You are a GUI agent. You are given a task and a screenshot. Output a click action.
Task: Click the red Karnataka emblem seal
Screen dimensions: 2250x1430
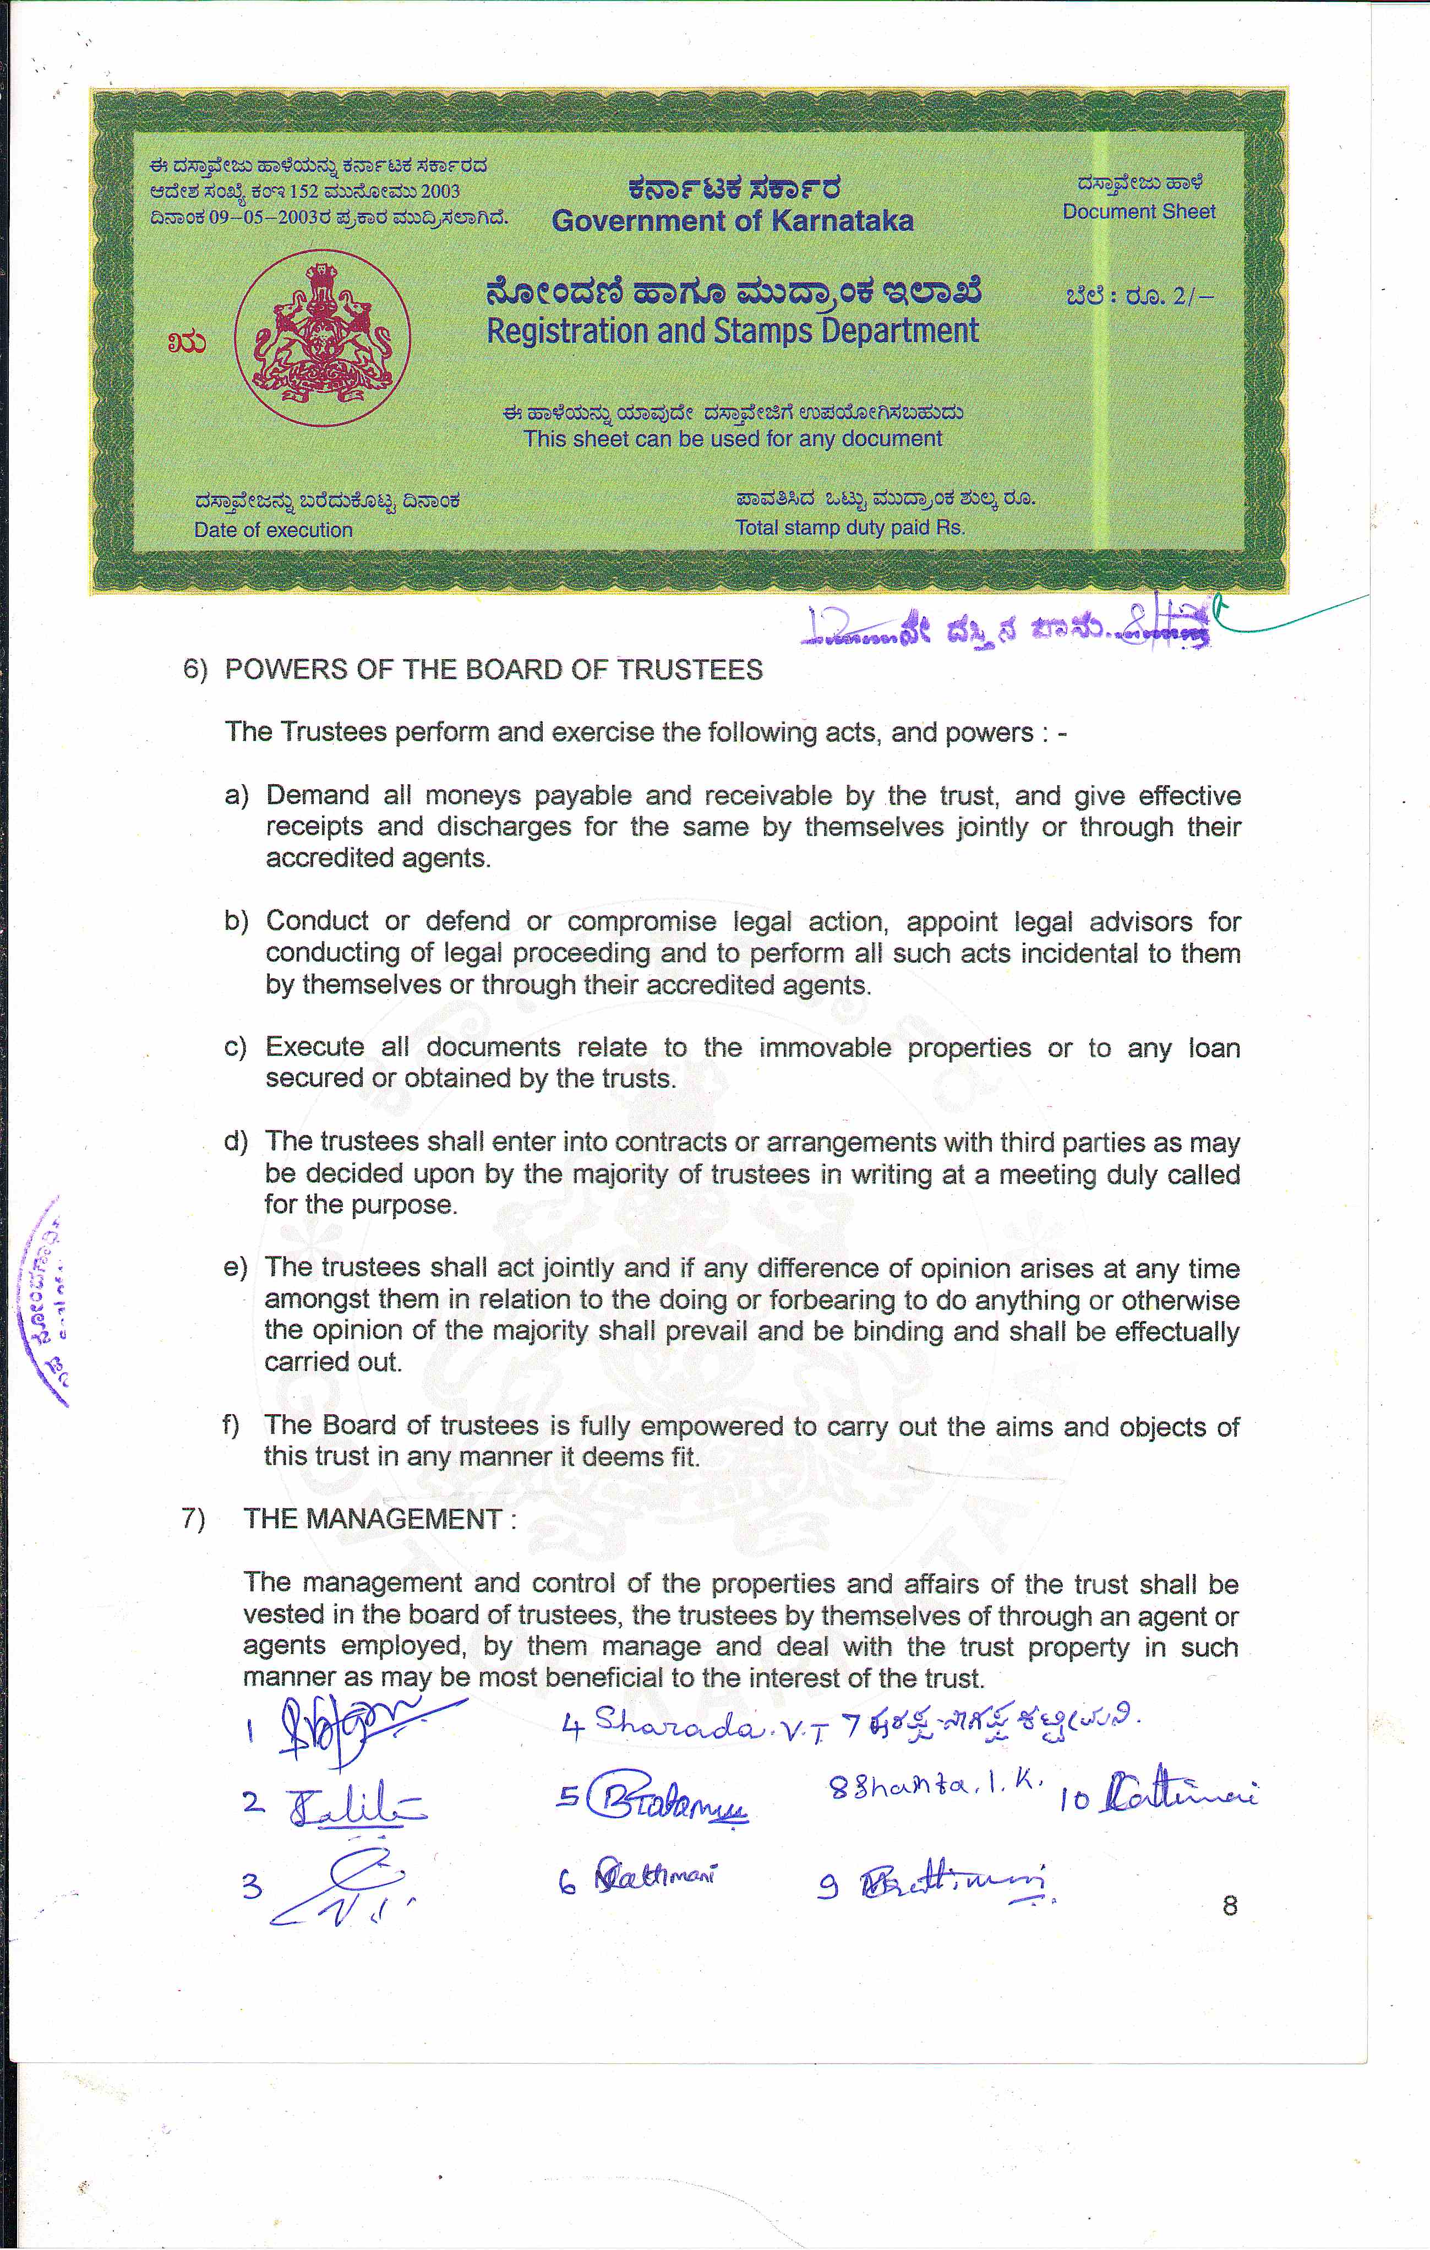coord(322,338)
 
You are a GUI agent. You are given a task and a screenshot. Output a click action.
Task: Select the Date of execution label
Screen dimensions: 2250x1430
coord(273,530)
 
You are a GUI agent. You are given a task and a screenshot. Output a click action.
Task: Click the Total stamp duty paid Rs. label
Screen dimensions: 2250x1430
coord(849,527)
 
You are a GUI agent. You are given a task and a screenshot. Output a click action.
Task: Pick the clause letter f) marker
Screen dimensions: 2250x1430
coord(231,1425)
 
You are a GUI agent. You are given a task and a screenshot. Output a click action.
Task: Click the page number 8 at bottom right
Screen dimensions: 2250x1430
coord(1229,1905)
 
